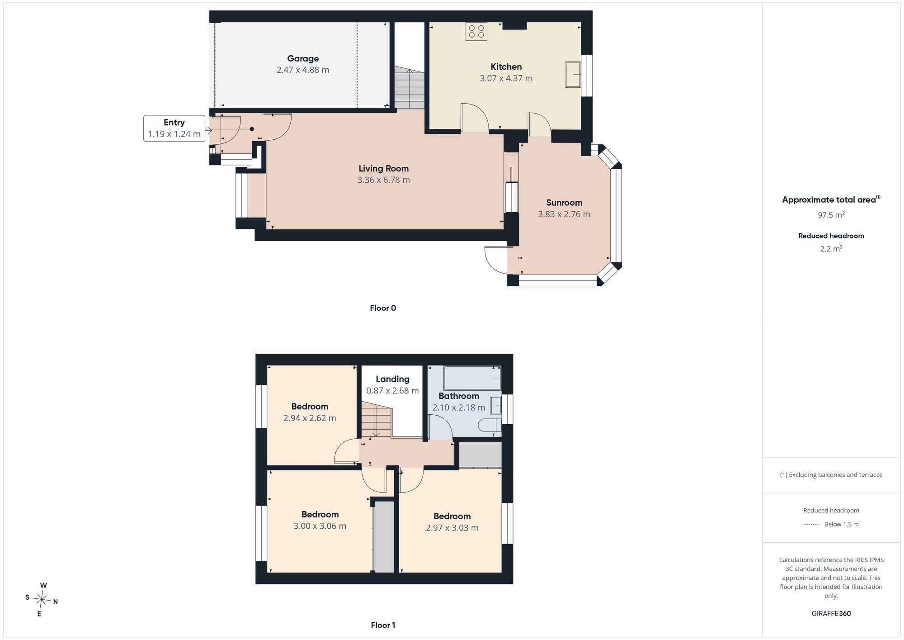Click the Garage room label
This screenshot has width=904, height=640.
point(303,58)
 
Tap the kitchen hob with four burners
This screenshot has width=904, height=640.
point(476,31)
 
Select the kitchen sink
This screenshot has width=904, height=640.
point(573,75)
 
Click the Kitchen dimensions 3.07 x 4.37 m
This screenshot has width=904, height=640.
point(506,78)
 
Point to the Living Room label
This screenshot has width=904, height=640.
point(384,168)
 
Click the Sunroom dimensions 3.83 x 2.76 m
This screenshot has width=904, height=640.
point(564,214)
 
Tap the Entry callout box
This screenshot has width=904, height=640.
point(174,128)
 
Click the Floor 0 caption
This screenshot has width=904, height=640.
point(383,308)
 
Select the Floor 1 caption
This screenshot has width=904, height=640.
point(383,625)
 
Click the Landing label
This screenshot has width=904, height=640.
point(392,379)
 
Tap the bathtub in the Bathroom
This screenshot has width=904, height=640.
point(473,378)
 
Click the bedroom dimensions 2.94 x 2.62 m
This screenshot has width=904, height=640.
point(310,418)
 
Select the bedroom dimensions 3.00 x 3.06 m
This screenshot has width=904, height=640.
point(320,526)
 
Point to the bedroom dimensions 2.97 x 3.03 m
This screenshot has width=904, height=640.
point(452,528)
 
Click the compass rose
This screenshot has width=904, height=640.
point(42,600)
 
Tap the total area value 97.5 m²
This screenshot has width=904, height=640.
point(831,215)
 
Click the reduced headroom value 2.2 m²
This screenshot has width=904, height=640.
point(831,249)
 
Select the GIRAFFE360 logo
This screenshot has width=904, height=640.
point(831,614)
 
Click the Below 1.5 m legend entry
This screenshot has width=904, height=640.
point(831,524)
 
